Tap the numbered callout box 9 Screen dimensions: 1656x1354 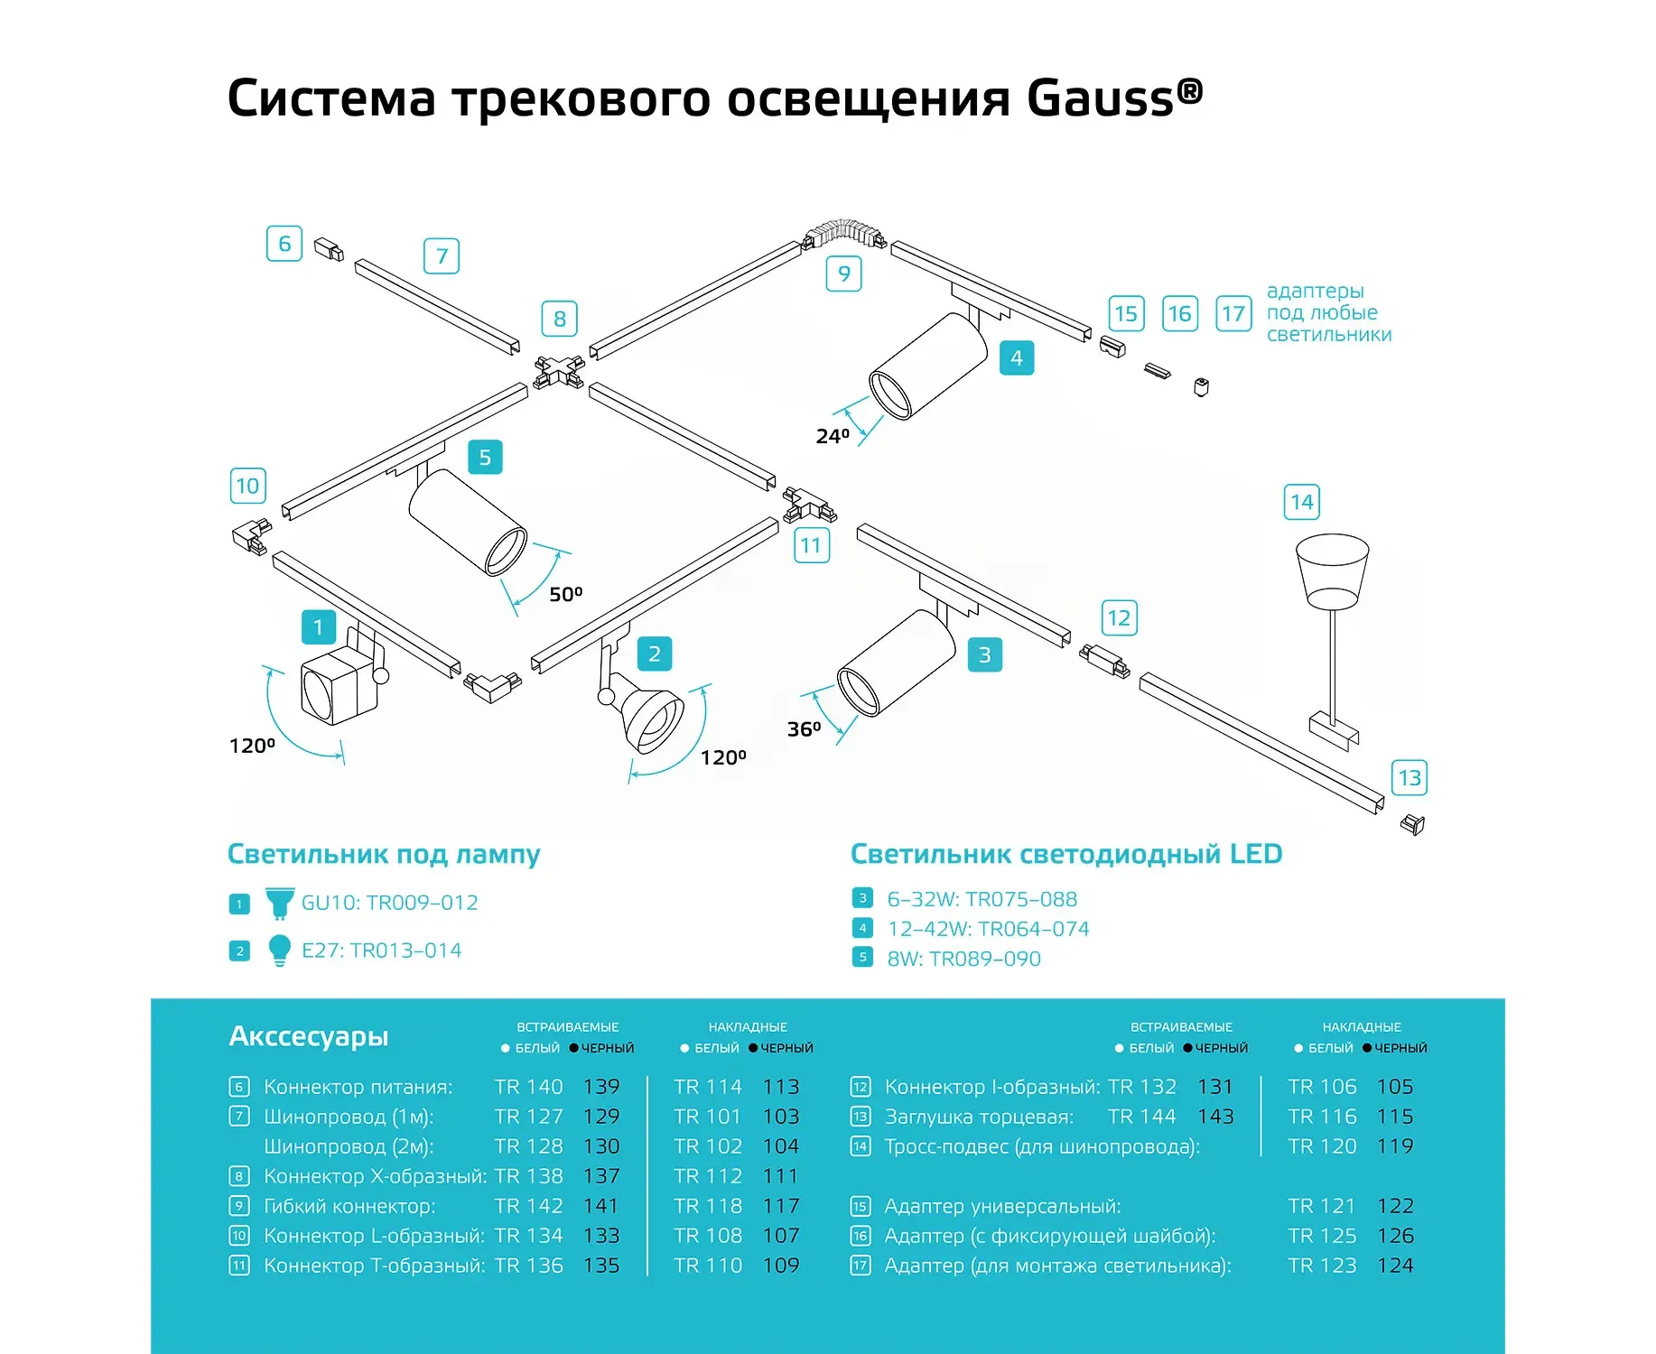click(844, 274)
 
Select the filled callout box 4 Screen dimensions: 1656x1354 click(1017, 357)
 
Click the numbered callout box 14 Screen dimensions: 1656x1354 click(1302, 502)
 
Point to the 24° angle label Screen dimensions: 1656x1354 click(833, 437)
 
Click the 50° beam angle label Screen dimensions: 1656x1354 click(566, 594)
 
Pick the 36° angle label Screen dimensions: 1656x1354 click(805, 728)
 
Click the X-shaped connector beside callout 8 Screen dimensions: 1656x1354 click(559, 371)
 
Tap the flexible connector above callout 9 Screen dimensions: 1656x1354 click(844, 232)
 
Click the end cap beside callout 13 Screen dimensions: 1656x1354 click(1412, 824)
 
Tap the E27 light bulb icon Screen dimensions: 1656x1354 click(280, 951)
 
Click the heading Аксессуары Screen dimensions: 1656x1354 click(309, 1036)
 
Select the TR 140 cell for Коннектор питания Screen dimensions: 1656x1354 click(528, 1087)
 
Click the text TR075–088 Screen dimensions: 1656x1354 click(1021, 899)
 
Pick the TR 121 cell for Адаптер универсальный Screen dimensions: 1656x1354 click(1322, 1206)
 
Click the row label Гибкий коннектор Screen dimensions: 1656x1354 click(349, 1207)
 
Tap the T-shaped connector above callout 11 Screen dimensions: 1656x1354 click(809, 505)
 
